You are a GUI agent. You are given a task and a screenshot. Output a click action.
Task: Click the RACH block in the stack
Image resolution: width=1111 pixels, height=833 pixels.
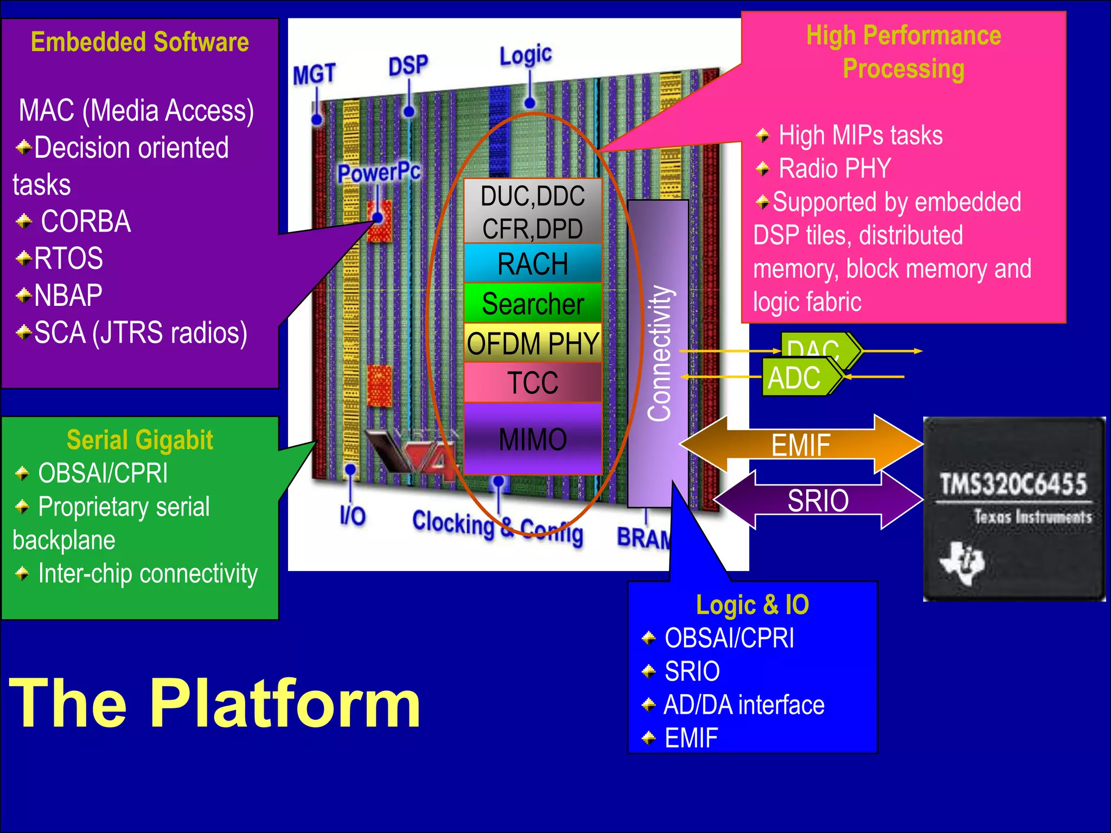pyautogui.click(x=533, y=264)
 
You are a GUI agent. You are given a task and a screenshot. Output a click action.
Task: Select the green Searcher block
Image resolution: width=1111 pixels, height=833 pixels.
pyautogui.click(x=533, y=303)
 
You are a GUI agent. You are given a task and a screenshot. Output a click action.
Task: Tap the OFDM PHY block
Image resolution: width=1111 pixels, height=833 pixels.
pyautogui.click(x=533, y=343)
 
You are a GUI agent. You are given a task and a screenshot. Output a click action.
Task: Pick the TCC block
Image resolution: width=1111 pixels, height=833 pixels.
pyautogui.click(x=533, y=382)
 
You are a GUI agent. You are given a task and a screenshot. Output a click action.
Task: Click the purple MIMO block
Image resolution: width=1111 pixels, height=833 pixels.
pyautogui.click(x=533, y=439)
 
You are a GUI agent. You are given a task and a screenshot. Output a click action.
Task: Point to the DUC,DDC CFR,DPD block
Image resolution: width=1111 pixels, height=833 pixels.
pyautogui.click(x=533, y=212)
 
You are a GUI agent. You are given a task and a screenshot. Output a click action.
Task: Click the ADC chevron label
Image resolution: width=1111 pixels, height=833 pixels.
pyautogui.click(x=794, y=378)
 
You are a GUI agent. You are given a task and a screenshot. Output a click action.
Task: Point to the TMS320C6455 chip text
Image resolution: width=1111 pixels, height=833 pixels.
pyautogui.click(x=1013, y=484)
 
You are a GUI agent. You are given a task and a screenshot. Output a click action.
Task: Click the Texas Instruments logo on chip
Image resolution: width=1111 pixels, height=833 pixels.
pyautogui.click(x=962, y=562)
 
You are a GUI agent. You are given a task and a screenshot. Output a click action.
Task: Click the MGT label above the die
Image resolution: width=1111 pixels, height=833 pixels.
pyautogui.click(x=314, y=74)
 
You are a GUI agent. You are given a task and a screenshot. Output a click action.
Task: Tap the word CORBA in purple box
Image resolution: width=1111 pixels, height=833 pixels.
pyautogui.click(x=86, y=221)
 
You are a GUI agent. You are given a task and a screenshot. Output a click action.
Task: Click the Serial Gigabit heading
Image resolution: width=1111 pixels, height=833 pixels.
pyautogui.click(x=139, y=440)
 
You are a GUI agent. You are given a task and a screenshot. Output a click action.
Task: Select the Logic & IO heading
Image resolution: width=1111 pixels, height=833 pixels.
pyautogui.click(x=752, y=605)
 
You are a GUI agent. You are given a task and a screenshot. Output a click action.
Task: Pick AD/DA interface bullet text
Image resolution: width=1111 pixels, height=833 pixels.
pyautogui.click(x=744, y=704)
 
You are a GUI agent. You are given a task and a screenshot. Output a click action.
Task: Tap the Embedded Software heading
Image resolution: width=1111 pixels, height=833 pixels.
pyautogui.click(x=139, y=42)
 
